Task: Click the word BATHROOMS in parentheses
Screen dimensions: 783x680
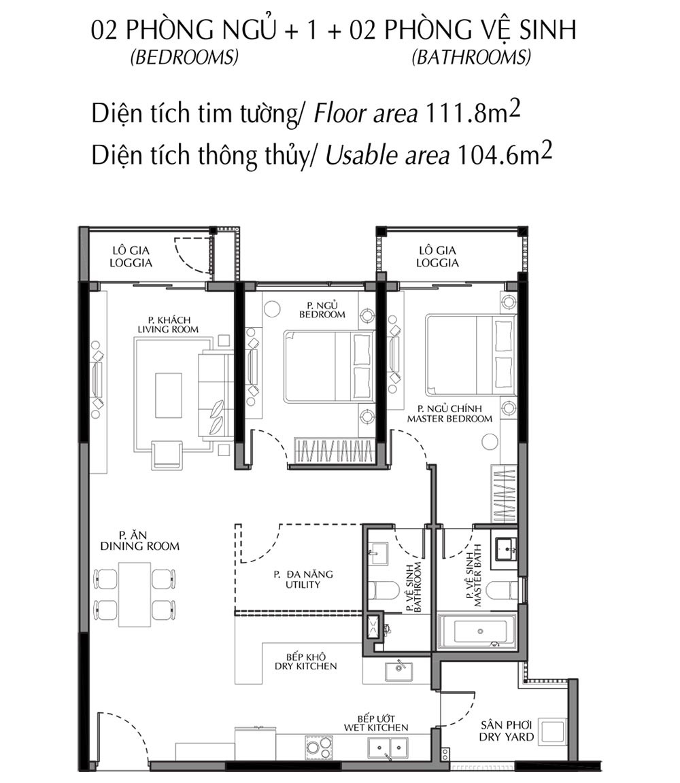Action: [x=471, y=58]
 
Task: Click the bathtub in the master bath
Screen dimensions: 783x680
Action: [x=479, y=630]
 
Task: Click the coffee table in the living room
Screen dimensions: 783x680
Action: [x=168, y=395]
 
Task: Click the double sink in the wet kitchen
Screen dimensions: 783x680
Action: [x=387, y=748]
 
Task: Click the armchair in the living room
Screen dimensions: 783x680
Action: [x=167, y=453]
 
